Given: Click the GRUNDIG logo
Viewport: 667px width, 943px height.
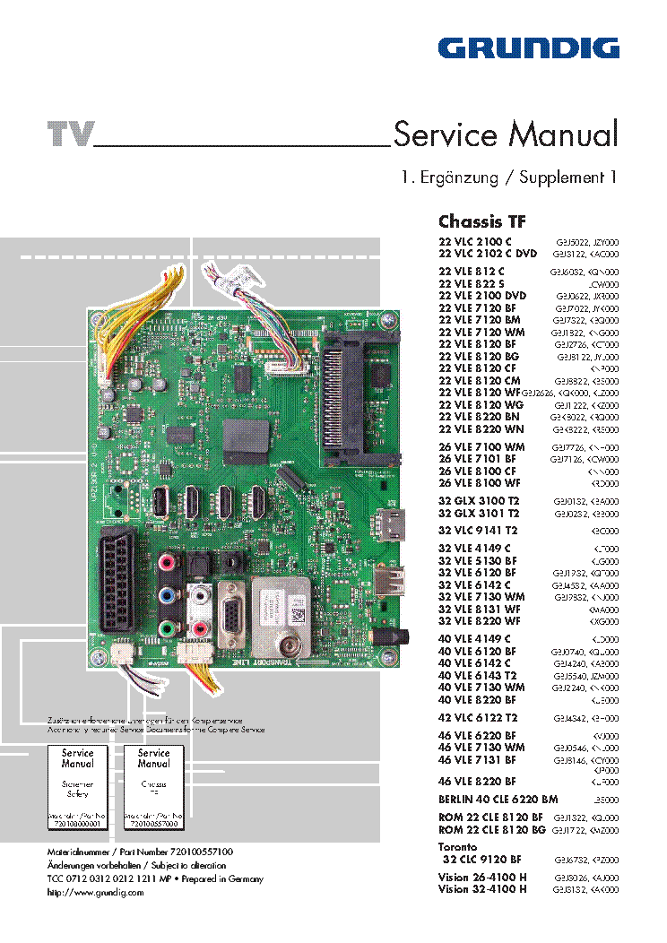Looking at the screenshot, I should click(x=528, y=48).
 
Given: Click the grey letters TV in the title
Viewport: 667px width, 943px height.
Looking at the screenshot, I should click(x=70, y=134).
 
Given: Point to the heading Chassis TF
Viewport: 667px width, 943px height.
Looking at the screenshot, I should click(x=481, y=221).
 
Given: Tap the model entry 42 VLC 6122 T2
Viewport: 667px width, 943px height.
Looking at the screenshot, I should click(x=477, y=718).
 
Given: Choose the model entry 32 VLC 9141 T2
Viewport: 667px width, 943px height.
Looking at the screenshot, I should click(x=477, y=530).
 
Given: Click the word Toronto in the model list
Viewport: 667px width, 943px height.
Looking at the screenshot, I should click(x=457, y=846).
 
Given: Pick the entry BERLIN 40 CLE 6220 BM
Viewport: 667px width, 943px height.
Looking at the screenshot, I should click(x=498, y=799).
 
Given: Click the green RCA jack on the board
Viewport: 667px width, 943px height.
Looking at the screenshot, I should click(x=167, y=627).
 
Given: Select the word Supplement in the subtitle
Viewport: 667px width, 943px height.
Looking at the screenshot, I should click(x=565, y=177).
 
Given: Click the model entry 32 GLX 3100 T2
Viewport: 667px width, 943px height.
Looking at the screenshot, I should click(x=479, y=499).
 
